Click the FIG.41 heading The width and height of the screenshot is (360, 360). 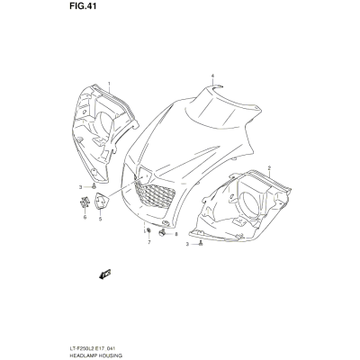pos(83,6)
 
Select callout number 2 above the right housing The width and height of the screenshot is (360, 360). pos(269,167)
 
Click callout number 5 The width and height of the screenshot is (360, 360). pos(100,219)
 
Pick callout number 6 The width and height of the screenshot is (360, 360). pos(85,217)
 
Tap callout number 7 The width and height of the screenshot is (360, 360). pos(148,242)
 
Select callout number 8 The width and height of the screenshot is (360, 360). pos(176,234)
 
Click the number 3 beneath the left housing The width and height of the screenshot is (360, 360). pos(80,187)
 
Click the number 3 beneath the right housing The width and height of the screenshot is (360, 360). pos(187,244)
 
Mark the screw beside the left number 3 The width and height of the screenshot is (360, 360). pos(94,186)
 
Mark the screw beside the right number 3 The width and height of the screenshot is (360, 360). pos(201,244)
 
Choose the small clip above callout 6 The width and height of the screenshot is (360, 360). pos(85,202)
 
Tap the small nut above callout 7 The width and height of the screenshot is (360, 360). pos(148,230)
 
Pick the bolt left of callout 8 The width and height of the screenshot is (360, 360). pos(163,232)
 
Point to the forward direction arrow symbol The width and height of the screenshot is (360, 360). pos(105,274)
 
